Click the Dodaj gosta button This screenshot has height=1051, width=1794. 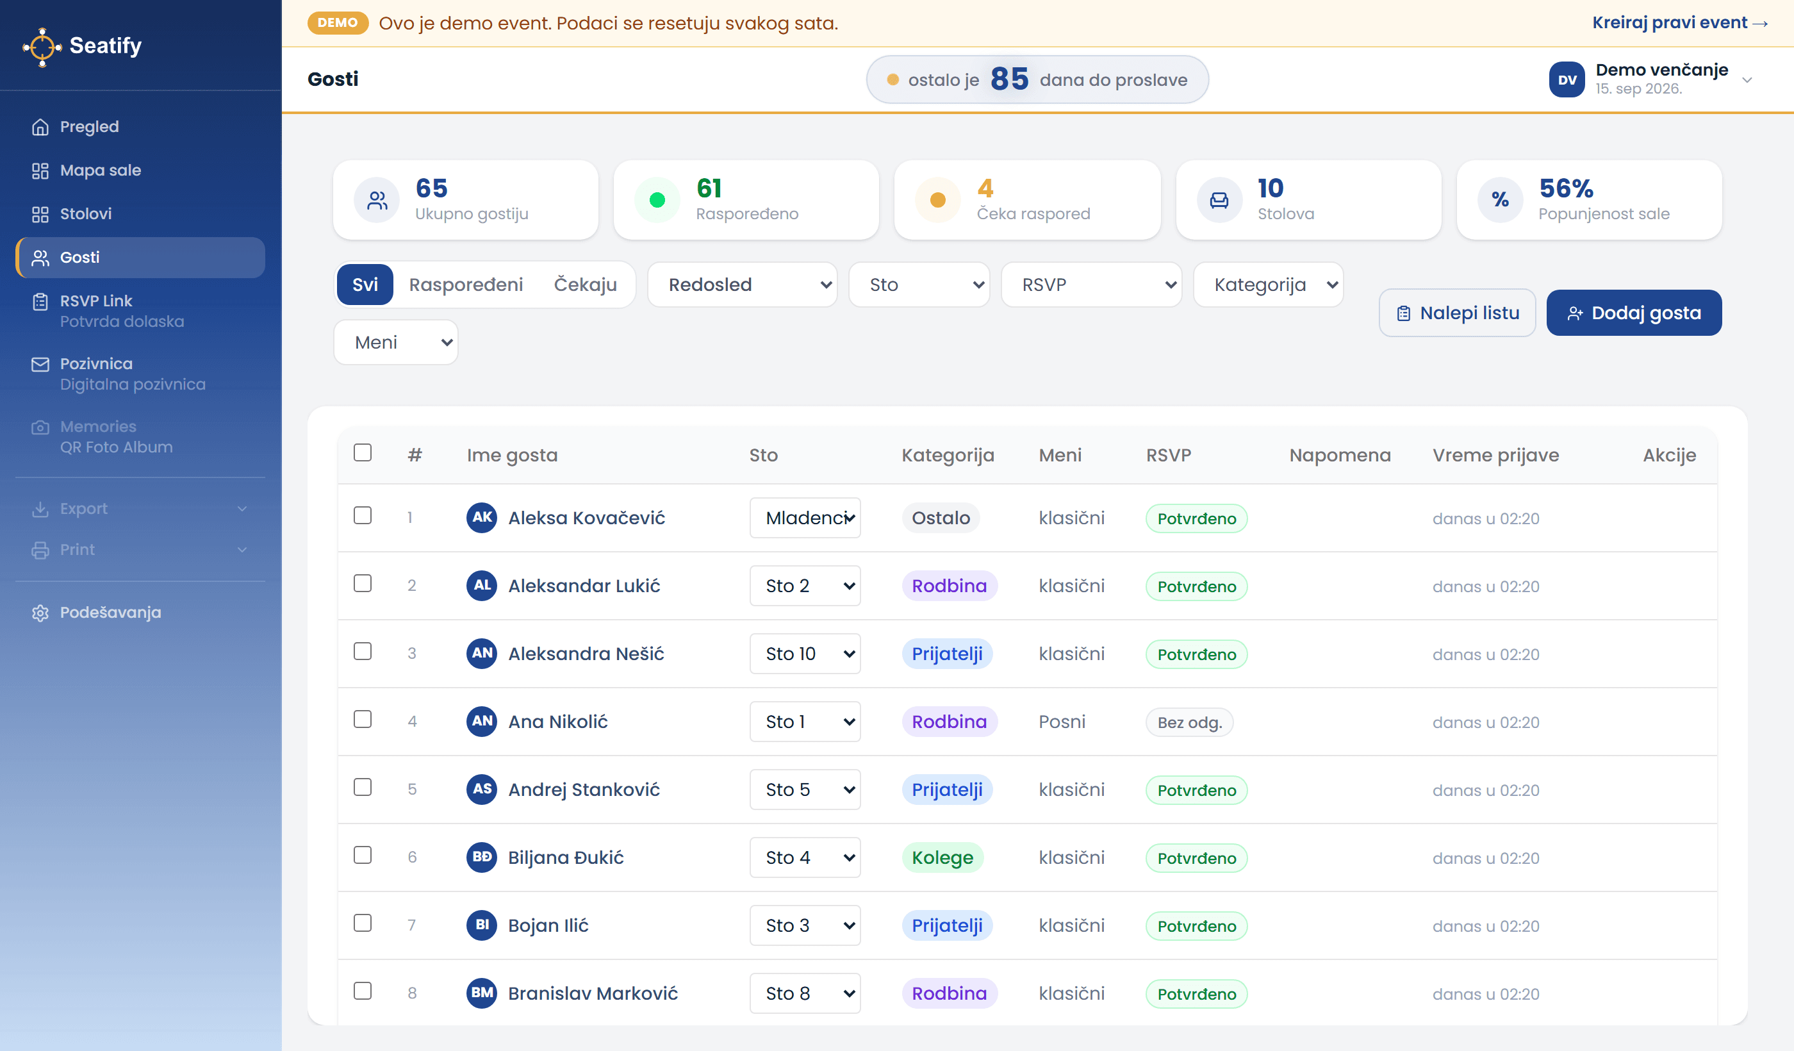point(1634,313)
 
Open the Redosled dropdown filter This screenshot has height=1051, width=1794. point(743,285)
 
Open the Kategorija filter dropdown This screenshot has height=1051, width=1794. point(1269,285)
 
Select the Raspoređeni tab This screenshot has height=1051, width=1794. point(466,285)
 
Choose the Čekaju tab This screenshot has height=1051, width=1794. point(585,285)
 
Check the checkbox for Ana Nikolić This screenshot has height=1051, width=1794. point(363,719)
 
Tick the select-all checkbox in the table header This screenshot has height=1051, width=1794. point(363,453)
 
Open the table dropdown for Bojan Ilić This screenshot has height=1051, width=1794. point(805,925)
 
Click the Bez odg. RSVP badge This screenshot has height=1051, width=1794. point(1190,722)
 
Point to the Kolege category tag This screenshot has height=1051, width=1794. point(942,857)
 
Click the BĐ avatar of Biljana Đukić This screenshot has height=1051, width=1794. point(482,857)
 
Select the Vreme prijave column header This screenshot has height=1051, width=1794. point(1495,455)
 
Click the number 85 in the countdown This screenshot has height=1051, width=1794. point(1010,79)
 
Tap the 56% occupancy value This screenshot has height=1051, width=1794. point(1566,188)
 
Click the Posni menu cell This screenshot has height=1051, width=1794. point(1062,722)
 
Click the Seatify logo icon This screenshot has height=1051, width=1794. point(42,46)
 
